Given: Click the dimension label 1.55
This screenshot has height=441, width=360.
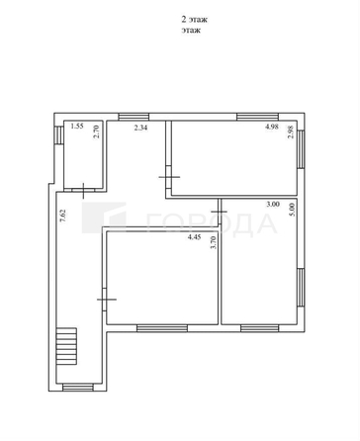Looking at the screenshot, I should [x=76, y=128].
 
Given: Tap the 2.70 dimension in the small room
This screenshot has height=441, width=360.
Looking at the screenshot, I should [x=97, y=132].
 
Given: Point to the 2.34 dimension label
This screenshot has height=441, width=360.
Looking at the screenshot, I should [x=114, y=128].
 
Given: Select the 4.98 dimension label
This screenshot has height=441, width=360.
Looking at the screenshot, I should [x=271, y=128].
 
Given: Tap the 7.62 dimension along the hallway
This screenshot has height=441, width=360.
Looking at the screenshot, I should [x=62, y=217].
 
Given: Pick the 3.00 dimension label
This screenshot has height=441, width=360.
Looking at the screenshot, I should [x=271, y=206].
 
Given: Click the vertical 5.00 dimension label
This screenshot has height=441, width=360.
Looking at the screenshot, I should [x=290, y=212].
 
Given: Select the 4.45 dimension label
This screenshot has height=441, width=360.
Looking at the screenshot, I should [x=196, y=237].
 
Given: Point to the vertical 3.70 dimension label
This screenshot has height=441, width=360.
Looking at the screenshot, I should [x=213, y=243].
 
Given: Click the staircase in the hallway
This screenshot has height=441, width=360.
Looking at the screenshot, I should [x=67, y=347].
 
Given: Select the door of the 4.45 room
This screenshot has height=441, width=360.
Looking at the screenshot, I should [x=107, y=296].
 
